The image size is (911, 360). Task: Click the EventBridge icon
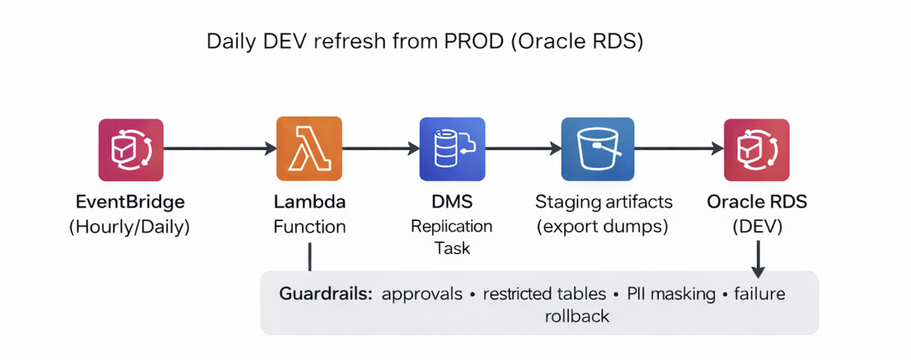[131, 150]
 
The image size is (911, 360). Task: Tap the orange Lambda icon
[309, 148]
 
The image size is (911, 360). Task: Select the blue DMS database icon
[452, 149]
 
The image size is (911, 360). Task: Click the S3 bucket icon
[597, 149]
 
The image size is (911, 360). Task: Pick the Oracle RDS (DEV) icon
[756, 150]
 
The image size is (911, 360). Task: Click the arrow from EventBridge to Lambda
[220, 148]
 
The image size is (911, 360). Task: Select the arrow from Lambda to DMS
[381, 148]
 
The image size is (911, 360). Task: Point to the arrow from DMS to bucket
[524, 148]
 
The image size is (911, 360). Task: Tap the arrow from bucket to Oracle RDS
[679, 148]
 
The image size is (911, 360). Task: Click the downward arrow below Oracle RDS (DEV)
[758, 259]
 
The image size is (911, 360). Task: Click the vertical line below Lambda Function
[310, 257]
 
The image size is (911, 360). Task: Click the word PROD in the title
[474, 41]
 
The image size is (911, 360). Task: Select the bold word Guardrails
[325, 293]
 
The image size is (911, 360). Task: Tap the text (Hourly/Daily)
[130, 226]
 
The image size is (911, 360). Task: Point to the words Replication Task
[452, 237]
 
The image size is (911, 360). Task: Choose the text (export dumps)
[602, 226]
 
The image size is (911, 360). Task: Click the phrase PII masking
[671, 294]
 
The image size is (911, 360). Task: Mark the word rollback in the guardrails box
[577, 316]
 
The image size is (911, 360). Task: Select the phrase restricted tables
[545, 294]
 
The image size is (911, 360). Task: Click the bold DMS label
[452, 202]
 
